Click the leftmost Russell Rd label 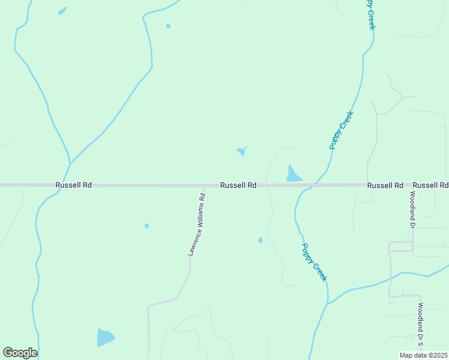tap(73, 185)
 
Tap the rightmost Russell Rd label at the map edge tap(430, 185)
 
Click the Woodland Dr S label tap(421, 325)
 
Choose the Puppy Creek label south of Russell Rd tap(315, 262)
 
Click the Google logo tap(20, 353)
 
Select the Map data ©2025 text tap(423, 355)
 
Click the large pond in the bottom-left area tap(105, 337)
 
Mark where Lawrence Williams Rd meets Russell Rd tap(205, 186)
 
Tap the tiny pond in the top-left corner tap(62, 11)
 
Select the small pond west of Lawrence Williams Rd tap(146, 226)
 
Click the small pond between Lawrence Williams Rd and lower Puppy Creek tap(260, 240)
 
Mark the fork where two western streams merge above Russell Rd tap(70, 163)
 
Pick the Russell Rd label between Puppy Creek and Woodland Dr tap(385, 185)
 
